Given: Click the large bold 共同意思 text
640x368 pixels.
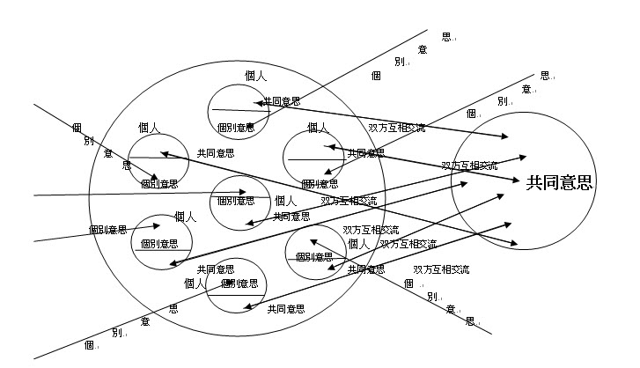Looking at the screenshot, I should pos(559,183).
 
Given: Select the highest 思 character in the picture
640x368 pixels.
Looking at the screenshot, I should pos(446,37).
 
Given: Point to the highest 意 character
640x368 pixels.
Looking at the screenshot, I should pos(423,49).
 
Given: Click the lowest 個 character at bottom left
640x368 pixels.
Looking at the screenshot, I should pos(89,345).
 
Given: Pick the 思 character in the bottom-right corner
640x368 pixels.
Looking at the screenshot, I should pos(470,320).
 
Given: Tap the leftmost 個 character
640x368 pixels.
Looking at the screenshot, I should pos(77,128).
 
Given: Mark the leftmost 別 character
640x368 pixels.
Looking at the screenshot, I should pos(89,141).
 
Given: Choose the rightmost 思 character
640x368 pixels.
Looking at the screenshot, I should pos(544,76).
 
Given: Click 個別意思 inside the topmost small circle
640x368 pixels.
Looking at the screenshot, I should pos(236,127).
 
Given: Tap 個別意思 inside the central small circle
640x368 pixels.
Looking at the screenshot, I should pos(235,201).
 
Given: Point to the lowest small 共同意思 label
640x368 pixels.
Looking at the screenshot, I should pos(286,309).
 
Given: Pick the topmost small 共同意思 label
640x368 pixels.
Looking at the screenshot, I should pos(282,101).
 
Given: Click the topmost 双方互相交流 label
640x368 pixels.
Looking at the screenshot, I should pos(396,129).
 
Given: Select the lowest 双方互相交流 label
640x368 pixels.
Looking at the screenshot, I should pos(441,269).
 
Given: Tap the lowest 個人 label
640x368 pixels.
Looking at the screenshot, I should pos(195,283).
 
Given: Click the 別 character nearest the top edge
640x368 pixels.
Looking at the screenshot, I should pos(400,62).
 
